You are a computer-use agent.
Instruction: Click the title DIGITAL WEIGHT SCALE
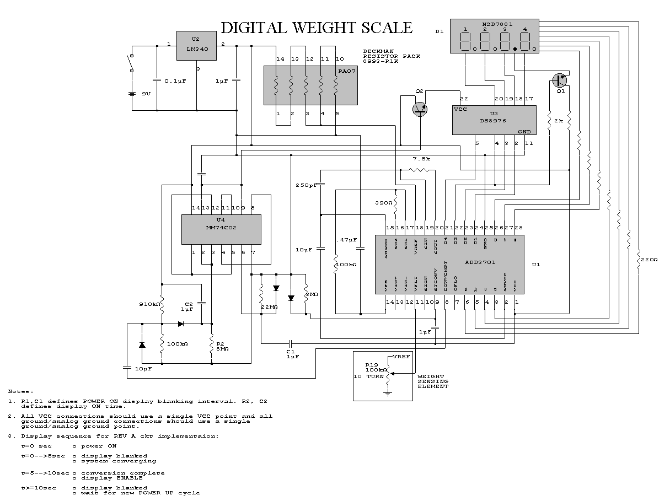316,28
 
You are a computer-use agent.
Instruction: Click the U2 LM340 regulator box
196,45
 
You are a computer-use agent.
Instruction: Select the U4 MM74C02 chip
221,229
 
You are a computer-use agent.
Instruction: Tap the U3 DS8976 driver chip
494,120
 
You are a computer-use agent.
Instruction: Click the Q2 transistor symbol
420,109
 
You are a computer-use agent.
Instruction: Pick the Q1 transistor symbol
560,80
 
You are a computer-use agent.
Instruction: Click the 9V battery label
146,94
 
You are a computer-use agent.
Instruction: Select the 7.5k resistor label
421,159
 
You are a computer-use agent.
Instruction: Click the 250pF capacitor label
306,185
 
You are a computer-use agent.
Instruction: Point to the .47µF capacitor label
346,240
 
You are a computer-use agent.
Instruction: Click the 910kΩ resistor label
149,304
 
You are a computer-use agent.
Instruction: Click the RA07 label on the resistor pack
344,71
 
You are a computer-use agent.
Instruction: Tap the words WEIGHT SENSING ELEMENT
433,381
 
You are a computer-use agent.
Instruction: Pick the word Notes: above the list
21,390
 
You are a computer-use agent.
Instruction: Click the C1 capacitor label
292,351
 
